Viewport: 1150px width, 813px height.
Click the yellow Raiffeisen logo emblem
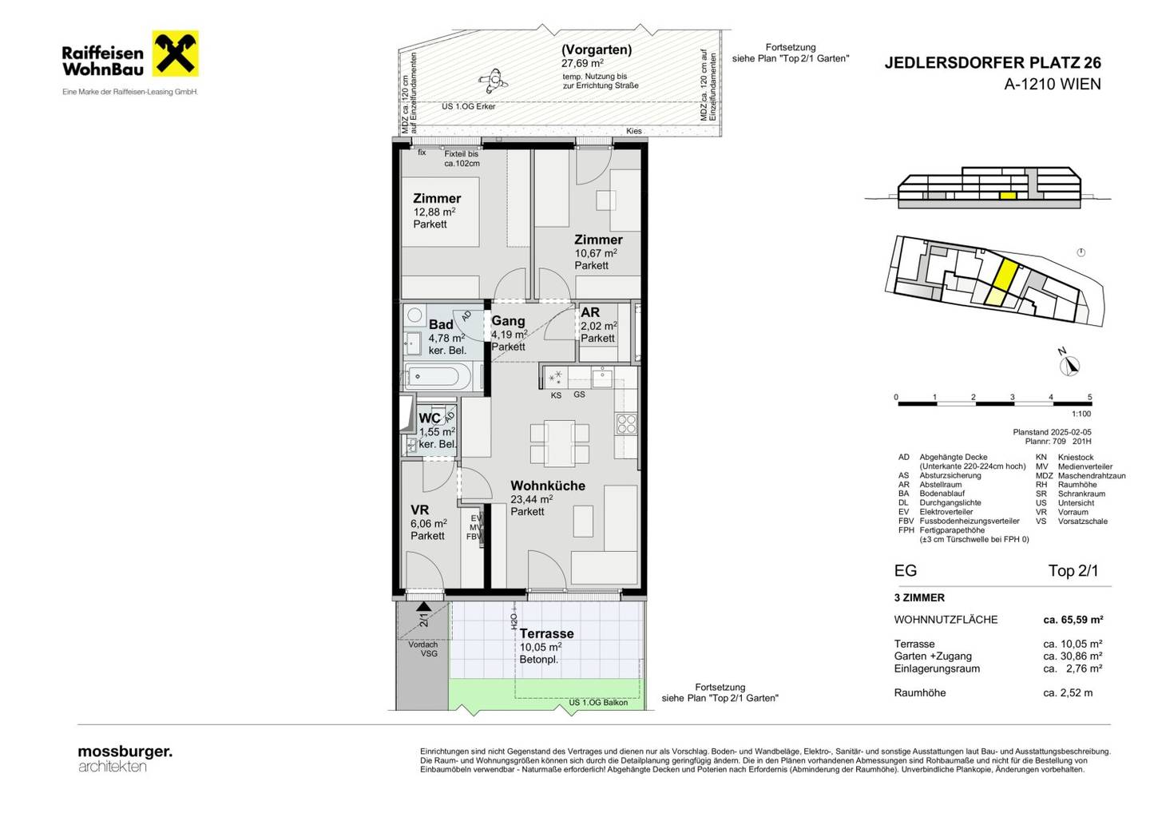click(175, 54)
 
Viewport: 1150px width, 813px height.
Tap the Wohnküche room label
click(548, 486)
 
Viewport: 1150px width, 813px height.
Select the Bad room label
click(441, 324)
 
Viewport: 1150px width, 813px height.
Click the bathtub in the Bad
click(437, 377)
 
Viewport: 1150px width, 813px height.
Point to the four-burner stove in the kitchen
click(626, 424)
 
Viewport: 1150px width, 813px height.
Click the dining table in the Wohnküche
click(560, 443)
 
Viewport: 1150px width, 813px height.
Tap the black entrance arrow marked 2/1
click(423, 607)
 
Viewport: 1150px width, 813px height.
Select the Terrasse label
click(547, 633)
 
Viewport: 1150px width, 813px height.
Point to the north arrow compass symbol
click(1070, 366)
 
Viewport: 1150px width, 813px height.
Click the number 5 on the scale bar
click(1089, 397)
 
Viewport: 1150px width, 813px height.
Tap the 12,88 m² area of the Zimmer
click(434, 212)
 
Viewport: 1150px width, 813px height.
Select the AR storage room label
click(590, 312)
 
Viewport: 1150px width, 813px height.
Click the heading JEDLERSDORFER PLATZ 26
click(993, 62)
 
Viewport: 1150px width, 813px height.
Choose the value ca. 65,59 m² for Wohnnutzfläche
click(1073, 620)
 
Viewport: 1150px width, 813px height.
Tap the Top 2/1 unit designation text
click(1073, 571)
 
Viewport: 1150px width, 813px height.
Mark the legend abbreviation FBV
click(906, 521)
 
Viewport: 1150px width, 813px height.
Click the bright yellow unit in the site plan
click(1005, 274)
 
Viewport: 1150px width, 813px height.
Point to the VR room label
click(419, 510)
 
